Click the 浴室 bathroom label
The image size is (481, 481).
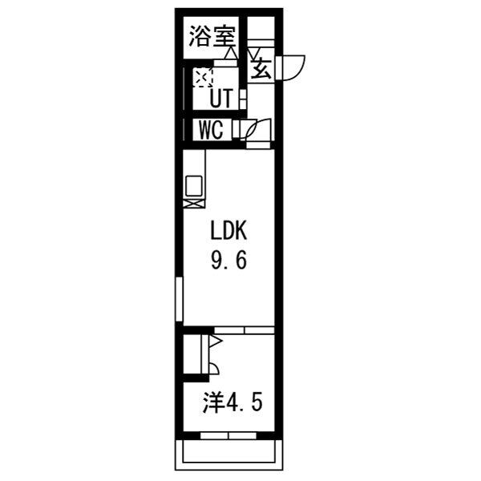coord(212,37)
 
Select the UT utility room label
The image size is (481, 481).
coord(221,99)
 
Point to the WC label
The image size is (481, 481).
coord(210,129)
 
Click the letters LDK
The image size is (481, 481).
coord(231,232)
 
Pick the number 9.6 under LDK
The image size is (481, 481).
coord(231,261)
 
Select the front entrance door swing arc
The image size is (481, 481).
coord(293,66)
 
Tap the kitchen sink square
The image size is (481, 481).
coord(195,185)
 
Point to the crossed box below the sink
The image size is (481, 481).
coord(194,204)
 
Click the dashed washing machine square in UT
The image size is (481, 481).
coord(201,78)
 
